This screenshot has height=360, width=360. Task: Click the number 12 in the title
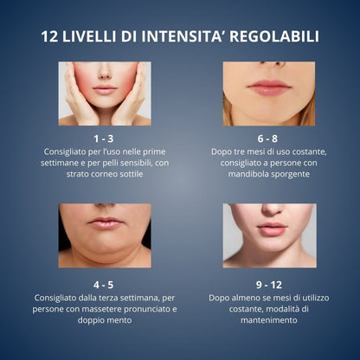[x=50, y=37]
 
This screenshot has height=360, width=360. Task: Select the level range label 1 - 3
[x=104, y=138]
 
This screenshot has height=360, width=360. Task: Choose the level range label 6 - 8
[x=267, y=138]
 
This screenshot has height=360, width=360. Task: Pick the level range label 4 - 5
[x=103, y=285]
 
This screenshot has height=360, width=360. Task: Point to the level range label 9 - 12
[x=269, y=285]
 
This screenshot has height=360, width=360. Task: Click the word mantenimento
[x=269, y=320]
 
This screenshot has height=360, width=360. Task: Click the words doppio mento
[x=105, y=321]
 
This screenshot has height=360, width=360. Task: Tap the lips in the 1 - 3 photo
[x=105, y=90]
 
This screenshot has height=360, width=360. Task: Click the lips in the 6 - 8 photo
[x=269, y=87]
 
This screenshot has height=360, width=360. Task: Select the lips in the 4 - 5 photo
[x=106, y=223]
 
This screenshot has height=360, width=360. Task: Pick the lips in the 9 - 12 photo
[x=271, y=228]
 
